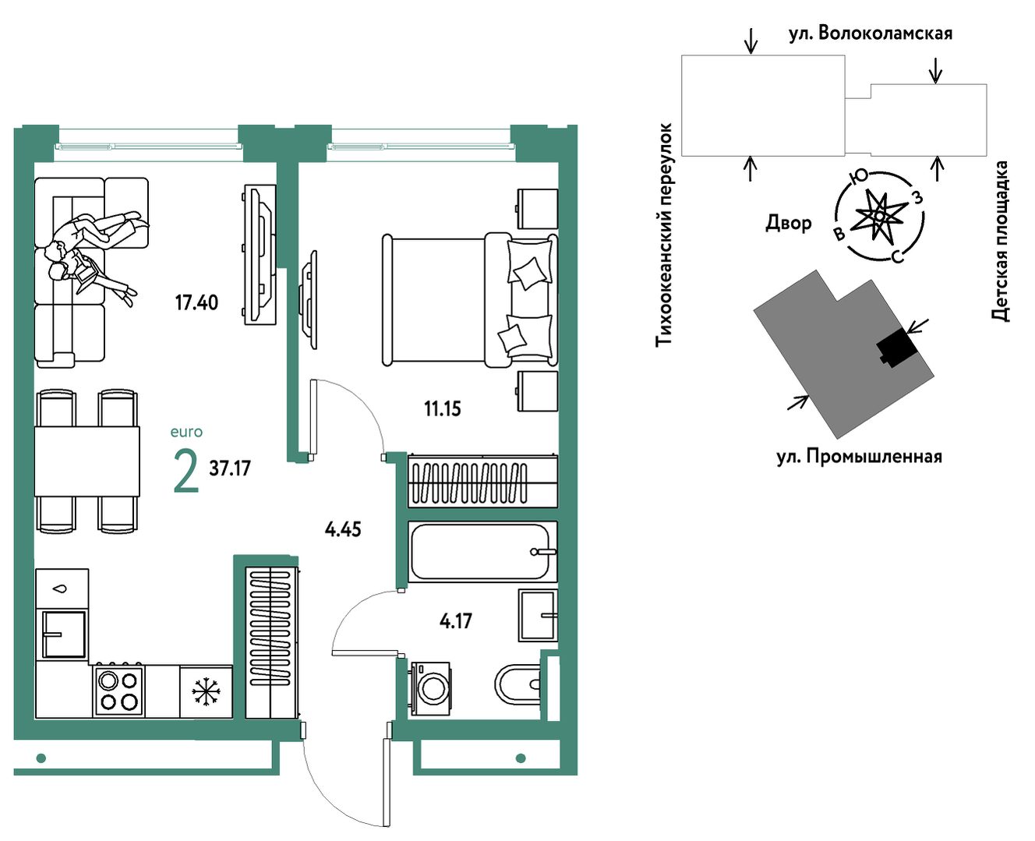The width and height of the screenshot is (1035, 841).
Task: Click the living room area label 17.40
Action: tap(196, 302)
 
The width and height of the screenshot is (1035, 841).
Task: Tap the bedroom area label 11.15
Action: tap(442, 409)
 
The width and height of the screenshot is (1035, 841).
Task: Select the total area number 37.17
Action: tap(230, 468)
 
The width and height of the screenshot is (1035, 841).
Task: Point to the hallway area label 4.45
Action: tap(343, 529)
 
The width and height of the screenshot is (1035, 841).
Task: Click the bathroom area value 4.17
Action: tap(455, 621)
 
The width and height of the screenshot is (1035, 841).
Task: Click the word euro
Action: tap(186, 432)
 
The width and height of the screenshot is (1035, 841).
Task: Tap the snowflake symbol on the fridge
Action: tap(206, 691)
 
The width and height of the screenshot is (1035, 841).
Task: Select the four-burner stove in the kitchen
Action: tap(119, 690)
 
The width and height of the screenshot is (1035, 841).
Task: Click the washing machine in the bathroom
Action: tap(430, 688)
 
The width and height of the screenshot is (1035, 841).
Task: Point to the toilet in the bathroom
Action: tap(518, 684)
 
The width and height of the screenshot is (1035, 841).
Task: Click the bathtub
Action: tap(482, 551)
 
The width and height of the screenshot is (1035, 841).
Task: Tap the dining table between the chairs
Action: tap(87, 461)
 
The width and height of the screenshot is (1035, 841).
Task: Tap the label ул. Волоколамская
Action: tap(870, 33)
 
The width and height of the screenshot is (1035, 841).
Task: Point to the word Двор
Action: tap(789, 223)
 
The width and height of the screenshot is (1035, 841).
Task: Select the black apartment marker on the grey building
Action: tap(897, 348)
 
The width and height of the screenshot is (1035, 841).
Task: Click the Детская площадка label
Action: tap(1000, 241)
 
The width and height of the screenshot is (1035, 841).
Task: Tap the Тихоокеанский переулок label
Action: tap(664, 235)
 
